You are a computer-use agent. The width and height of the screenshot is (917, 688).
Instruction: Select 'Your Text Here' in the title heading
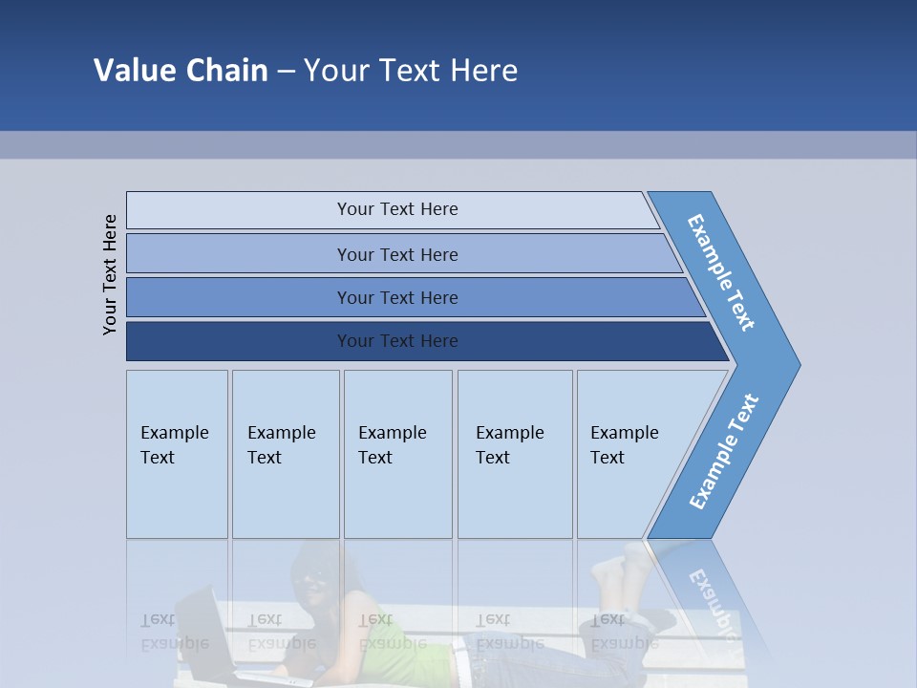point(411,71)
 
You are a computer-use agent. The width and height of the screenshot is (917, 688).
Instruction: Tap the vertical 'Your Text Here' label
point(110,274)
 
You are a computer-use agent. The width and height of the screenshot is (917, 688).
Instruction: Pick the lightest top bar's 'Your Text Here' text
point(397,209)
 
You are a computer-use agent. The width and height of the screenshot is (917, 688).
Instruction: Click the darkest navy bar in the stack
point(397,341)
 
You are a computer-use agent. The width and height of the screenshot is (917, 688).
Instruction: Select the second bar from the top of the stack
point(397,254)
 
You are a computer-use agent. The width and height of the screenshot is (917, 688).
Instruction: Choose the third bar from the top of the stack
point(397,298)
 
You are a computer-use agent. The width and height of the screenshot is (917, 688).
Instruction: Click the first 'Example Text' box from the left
point(177,454)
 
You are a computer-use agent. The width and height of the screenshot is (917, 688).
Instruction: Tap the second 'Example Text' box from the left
point(286,454)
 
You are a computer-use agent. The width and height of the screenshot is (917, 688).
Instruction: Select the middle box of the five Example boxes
point(397,454)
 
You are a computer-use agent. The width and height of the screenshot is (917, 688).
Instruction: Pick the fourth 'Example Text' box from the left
point(515,454)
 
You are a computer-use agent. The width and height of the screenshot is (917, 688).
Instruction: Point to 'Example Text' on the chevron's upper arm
point(721,272)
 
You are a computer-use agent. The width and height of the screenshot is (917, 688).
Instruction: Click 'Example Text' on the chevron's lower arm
point(723,452)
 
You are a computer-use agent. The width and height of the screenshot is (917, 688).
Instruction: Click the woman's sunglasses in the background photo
point(314,577)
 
